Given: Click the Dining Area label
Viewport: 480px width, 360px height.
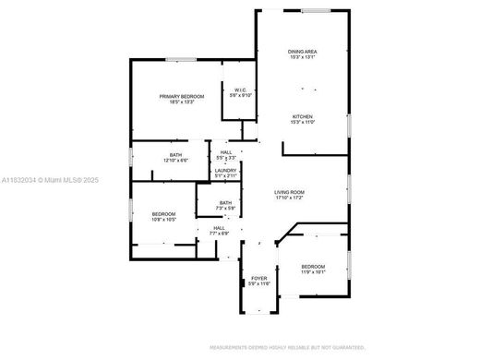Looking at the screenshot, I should [x=303, y=53].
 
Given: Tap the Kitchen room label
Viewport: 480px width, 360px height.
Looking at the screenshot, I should [x=303, y=116].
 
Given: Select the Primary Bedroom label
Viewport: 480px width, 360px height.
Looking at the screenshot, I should [x=181, y=97].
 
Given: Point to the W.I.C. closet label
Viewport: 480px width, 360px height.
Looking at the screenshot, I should [x=240, y=90].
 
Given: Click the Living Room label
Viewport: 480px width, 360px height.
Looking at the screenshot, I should [x=290, y=192].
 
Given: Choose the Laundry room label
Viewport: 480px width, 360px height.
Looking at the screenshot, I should [x=226, y=170].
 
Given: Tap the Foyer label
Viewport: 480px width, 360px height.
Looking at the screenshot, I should [x=258, y=277].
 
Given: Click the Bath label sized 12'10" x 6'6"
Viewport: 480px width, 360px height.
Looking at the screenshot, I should [x=175, y=154].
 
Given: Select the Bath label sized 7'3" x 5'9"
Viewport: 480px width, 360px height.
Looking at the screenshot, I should [x=226, y=203].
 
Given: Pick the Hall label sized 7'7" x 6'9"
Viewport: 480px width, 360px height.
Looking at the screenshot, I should [x=219, y=228].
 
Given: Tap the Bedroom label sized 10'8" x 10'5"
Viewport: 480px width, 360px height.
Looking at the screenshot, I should [x=164, y=215].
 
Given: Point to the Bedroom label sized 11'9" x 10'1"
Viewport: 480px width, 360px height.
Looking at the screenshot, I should [x=314, y=267].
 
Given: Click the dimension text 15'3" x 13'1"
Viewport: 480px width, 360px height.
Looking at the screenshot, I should [x=303, y=58].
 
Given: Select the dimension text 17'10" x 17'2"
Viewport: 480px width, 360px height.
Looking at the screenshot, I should [x=290, y=198].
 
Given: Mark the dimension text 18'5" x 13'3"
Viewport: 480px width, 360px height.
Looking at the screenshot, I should [x=181, y=102].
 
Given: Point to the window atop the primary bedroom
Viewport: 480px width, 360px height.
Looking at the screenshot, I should [x=181, y=60].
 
